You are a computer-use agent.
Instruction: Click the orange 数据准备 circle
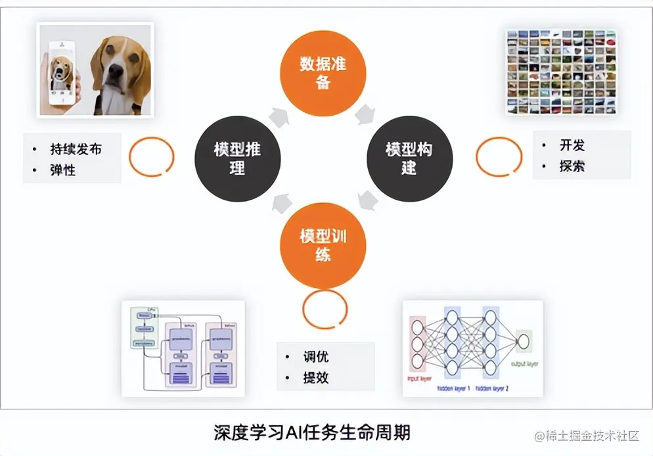click(x=323, y=74)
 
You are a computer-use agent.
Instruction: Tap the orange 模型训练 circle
click(x=323, y=245)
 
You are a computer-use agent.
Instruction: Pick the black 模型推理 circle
click(x=238, y=158)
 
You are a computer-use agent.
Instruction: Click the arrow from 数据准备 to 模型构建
click(x=363, y=116)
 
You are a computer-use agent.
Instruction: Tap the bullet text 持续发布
click(x=76, y=149)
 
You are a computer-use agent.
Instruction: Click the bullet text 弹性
click(x=62, y=170)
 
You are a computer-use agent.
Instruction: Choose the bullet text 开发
click(x=572, y=145)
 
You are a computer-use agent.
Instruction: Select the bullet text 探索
click(x=572, y=166)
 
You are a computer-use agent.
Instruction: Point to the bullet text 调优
click(x=315, y=357)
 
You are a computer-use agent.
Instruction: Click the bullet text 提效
click(x=315, y=378)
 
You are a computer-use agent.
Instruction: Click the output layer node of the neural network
click(x=524, y=342)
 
